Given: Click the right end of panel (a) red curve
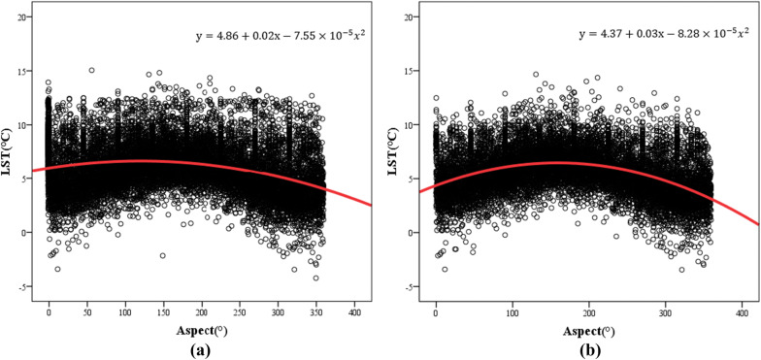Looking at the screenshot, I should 372,205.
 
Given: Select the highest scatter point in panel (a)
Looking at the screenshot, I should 91,70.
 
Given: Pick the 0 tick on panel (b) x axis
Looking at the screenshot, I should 435,313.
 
